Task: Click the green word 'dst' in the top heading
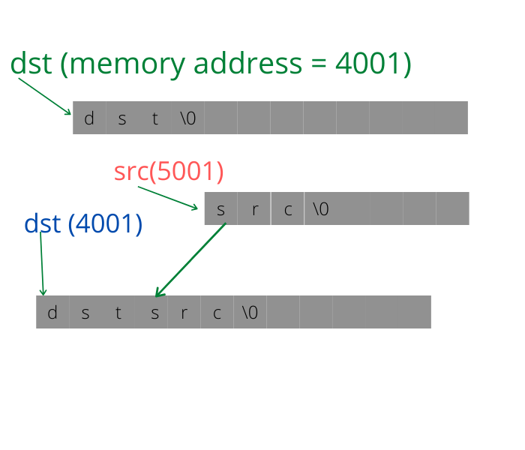click(x=31, y=64)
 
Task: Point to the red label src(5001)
click(x=169, y=172)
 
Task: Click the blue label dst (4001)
click(x=83, y=223)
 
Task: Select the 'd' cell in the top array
click(x=89, y=118)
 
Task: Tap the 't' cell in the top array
click(x=155, y=118)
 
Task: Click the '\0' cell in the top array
click(x=187, y=118)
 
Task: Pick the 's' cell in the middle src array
click(x=220, y=209)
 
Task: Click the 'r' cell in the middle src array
click(x=254, y=209)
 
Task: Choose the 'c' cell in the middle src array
click(x=287, y=209)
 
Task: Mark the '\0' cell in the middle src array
click(x=320, y=209)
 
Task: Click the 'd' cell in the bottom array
click(x=52, y=313)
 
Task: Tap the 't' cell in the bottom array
click(x=118, y=313)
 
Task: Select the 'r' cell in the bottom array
click(x=184, y=313)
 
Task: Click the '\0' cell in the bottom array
click(x=250, y=313)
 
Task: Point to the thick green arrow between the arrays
click(x=190, y=259)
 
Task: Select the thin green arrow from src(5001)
click(x=168, y=198)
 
